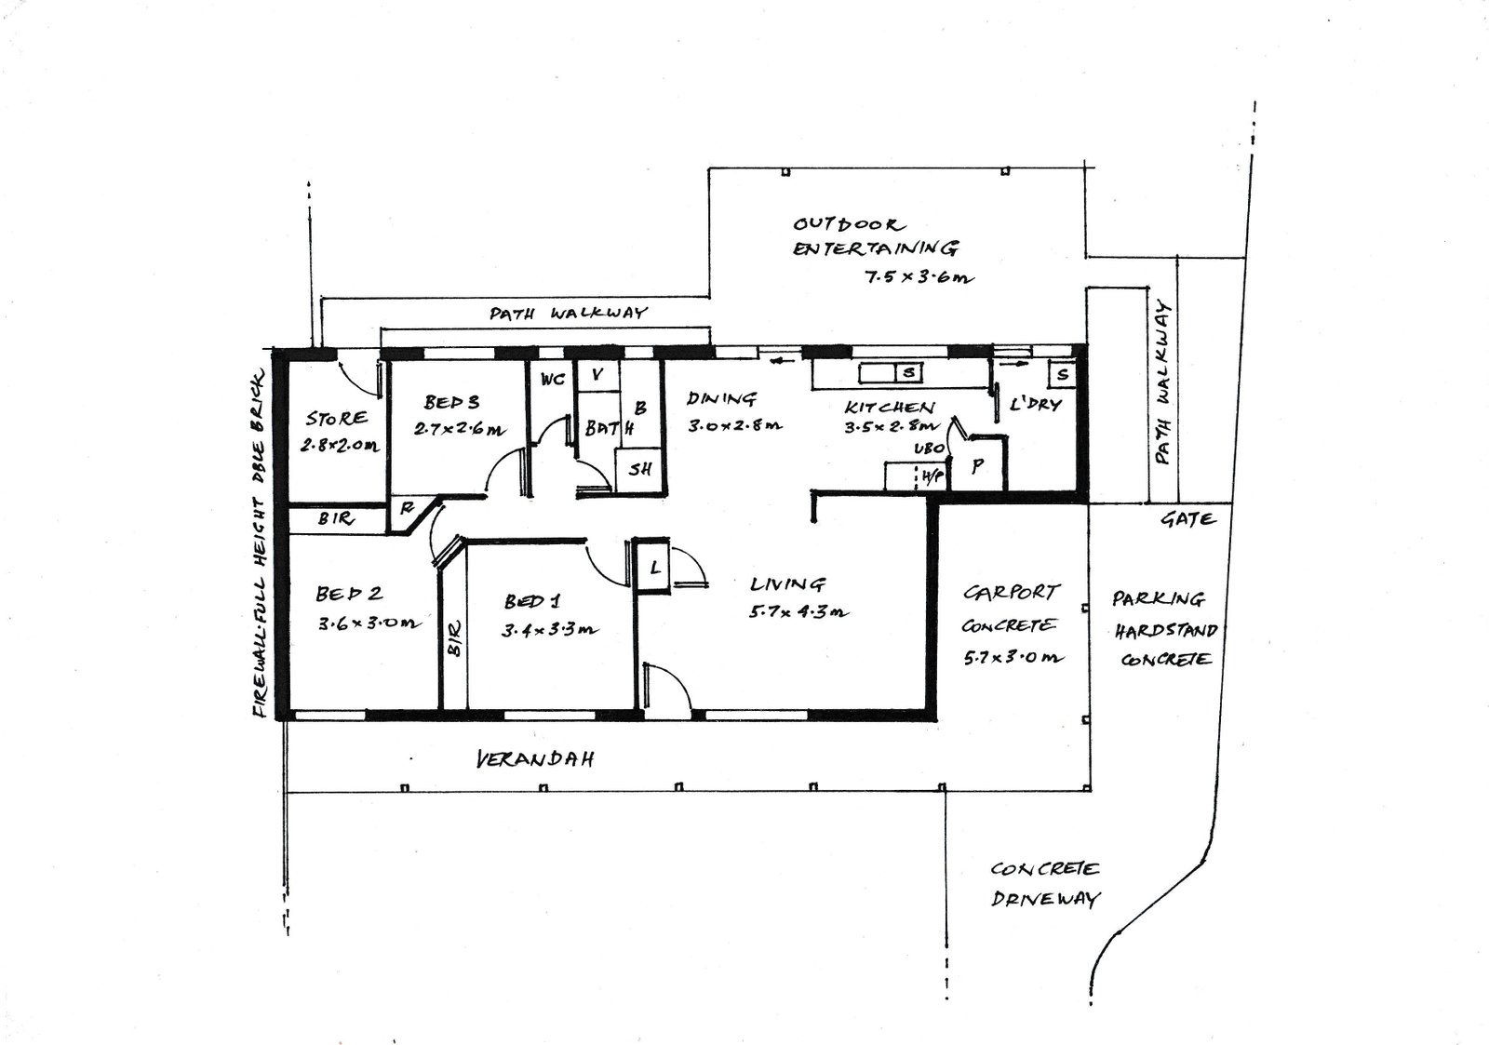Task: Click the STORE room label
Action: (x=336, y=418)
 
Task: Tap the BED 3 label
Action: (x=452, y=402)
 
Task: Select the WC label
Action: (x=553, y=379)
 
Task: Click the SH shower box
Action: (x=639, y=469)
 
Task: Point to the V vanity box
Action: (x=597, y=376)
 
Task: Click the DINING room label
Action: (x=721, y=398)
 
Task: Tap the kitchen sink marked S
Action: (x=908, y=373)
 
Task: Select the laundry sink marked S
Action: (x=1062, y=374)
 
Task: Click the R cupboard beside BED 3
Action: (x=407, y=508)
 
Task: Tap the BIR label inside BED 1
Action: (x=455, y=639)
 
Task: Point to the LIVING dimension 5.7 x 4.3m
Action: (x=798, y=612)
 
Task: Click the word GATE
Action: (x=1188, y=519)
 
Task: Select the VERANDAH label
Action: (x=536, y=759)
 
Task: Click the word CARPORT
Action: (x=1011, y=592)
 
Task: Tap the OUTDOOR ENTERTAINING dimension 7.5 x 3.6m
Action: (x=919, y=277)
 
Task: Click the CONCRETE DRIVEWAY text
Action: (x=1045, y=884)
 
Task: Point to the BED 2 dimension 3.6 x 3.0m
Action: (x=369, y=623)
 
